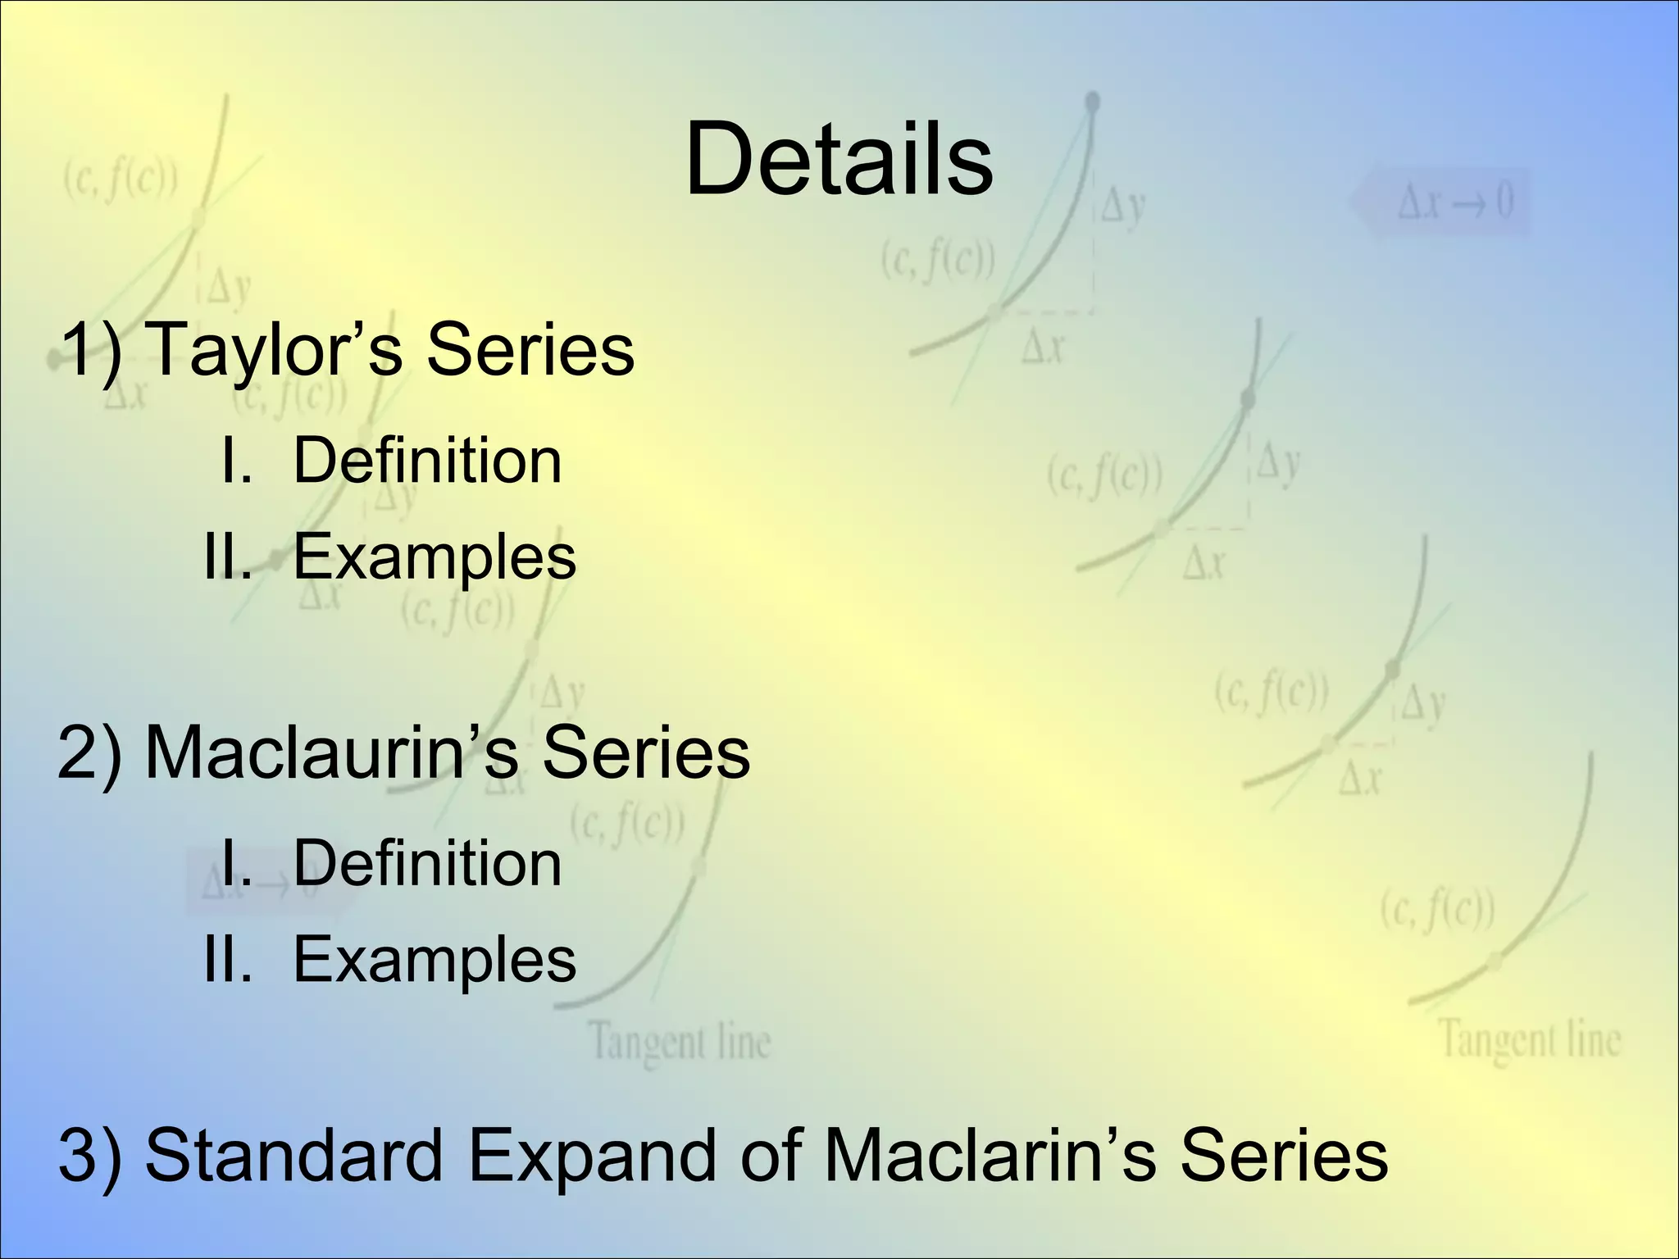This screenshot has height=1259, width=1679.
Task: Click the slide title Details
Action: click(839, 160)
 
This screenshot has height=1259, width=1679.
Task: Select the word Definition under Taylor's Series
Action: click(427, 461)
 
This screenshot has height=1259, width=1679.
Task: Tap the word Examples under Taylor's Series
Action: click(435, 558)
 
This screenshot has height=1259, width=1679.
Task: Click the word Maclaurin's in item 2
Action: click(331, 752)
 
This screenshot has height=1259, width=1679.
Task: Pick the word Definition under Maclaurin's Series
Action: click(427, 864)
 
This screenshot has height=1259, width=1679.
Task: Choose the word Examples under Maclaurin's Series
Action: click(435, 960)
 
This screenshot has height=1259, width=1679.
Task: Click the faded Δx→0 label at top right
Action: click(1454, 202)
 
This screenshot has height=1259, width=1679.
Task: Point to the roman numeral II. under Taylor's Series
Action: click(228, 558)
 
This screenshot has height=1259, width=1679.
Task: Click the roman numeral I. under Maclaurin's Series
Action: click(236, 864)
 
